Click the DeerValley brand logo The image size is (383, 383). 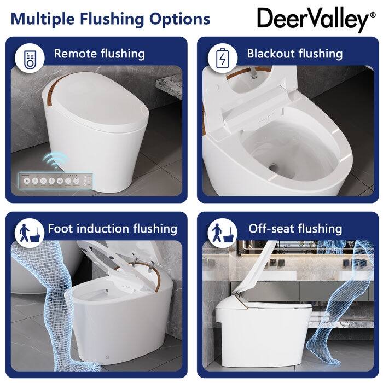click(312, 20)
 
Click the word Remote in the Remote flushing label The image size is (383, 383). click(74, 54)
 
